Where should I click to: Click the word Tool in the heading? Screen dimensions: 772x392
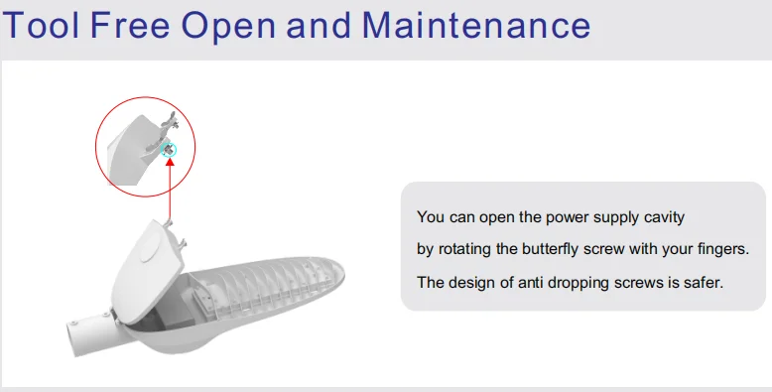click(41, 25)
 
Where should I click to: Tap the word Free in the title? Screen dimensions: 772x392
click(130, 25)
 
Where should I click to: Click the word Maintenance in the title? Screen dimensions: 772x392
click(476, 25)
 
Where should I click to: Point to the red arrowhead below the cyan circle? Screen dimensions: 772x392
click(170, 161)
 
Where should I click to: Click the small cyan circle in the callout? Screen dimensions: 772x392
click(169, 150)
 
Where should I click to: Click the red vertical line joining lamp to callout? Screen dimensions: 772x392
click(170, 194)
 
